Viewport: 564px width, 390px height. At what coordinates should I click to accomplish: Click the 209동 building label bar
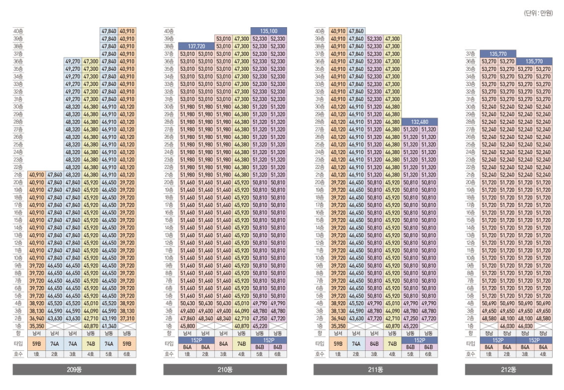click(x=74, y=370)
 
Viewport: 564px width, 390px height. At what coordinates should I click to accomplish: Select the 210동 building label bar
click(x=225, y=370)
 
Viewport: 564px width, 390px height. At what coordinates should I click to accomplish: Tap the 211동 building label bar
click(x=375, y=370)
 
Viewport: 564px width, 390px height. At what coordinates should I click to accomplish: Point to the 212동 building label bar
click(x=508, y=370)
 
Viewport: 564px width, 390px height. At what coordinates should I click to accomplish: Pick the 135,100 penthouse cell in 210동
click(x=268, y=32)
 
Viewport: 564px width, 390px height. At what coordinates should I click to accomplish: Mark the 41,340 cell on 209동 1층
click(x=109, y=326)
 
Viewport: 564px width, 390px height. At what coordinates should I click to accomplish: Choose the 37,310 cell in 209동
click(x=127, y=318)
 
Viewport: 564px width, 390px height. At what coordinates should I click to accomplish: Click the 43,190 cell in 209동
click(x=109, y=318)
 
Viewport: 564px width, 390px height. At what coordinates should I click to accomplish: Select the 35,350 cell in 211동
click(x=338, y=326)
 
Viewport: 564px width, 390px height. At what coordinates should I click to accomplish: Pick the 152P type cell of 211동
click(x=419, y=340)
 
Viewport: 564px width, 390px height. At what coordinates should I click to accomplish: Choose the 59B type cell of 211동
click(x=338, y=344)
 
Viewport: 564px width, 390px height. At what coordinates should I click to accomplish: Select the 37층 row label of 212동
click(x=470, y=54)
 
